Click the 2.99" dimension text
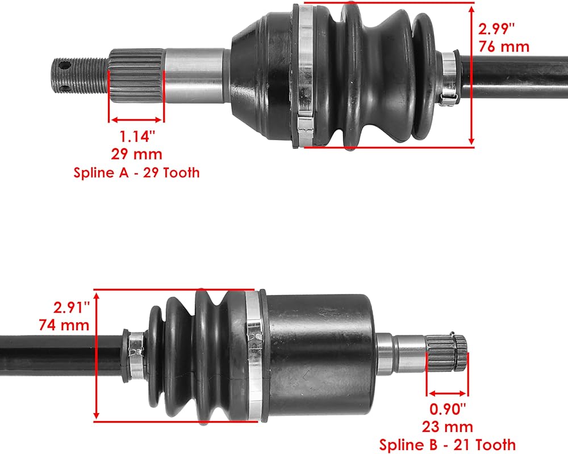[x=496, y=29]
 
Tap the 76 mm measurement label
[x=504, y=47]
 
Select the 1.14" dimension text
[x=137, y=137]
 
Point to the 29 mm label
[x=136, y=154]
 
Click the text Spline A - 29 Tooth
[x=136, y=173]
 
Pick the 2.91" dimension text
[x=72, y=308]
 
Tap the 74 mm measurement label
[x=64, y=325]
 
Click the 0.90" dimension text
[x=448, y=409]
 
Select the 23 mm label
[x=448, y=427]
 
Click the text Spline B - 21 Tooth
[x=448, y=444]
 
